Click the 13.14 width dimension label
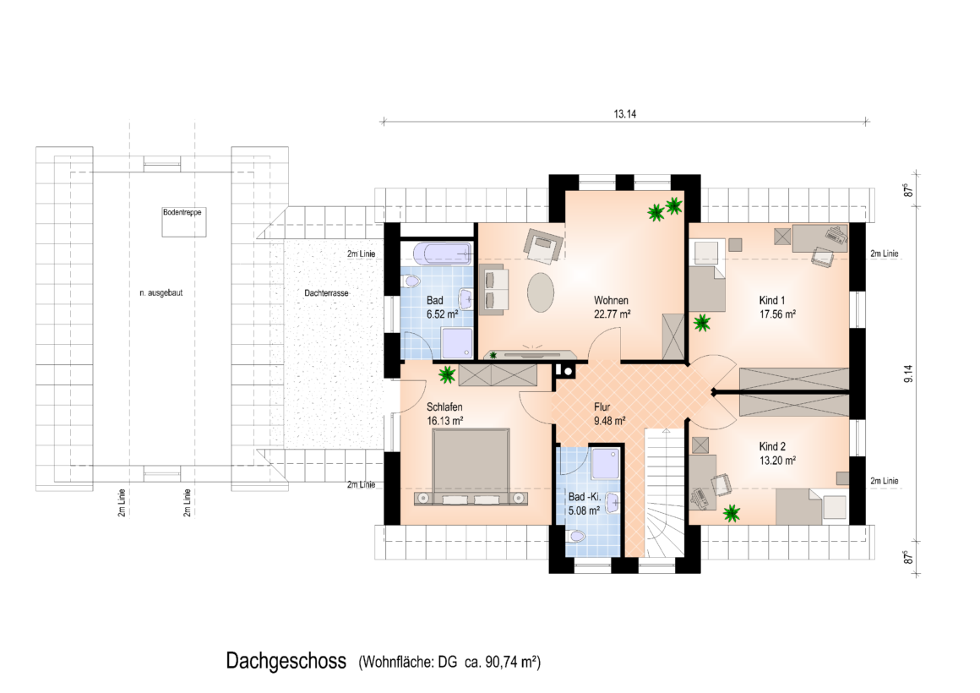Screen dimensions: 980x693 [x=624, y=114]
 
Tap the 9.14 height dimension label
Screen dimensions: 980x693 [x=909, y=374]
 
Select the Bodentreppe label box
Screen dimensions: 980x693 [x=184, y=222]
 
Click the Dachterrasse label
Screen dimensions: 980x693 [x=326, y=292]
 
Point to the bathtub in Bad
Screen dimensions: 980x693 [x=442, y=253]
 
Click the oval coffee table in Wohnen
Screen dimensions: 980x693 [x=541, y=292]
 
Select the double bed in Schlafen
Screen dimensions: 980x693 [x=471, y=467]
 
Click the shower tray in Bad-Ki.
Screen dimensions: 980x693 [x=605, y=463]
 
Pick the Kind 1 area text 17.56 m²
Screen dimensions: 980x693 [x=777, y=314]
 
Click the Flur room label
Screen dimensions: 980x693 [x=602, y=407]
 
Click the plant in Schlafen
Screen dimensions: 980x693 [x=447, y=374]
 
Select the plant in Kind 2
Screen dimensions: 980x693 [x=732, y=514]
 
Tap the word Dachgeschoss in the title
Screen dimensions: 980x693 [x=286, y=661]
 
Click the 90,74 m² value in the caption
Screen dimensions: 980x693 [x=510, y=662]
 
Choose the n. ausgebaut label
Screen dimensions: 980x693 [x=161, y=292]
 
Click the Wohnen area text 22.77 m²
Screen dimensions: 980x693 [x=612, y=314]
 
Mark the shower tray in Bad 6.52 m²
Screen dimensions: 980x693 [x=458, y=343]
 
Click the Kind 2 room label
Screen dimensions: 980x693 [x=772, y=446]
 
